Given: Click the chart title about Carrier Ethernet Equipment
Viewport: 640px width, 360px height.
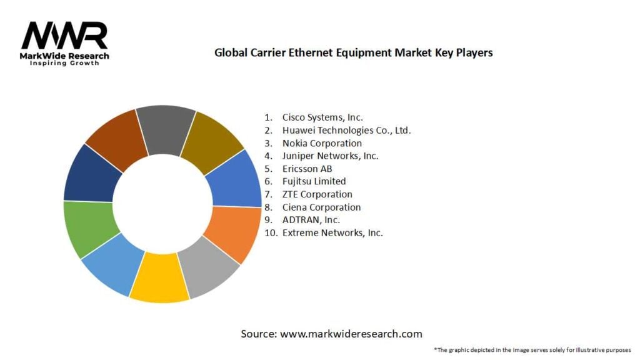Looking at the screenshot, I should pos(353,52).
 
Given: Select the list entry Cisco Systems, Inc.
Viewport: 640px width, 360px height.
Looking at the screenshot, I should pos(322,117).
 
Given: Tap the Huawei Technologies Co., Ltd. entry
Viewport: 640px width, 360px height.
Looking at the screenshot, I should pos(346,130).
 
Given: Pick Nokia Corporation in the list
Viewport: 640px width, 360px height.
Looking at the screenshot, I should pos(322,143).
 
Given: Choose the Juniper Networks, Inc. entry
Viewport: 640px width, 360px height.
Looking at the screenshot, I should pos(330,156).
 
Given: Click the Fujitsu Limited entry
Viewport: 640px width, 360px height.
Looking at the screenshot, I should pos(314,181).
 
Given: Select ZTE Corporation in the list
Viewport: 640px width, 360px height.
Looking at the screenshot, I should pos(317,194).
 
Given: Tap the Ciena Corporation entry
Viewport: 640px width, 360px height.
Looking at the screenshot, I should pos(321,207).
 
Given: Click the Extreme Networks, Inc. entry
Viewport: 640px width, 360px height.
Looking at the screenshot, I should pos(332,232).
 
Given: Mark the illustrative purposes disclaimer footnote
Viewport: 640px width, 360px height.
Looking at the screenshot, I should pos(532,350).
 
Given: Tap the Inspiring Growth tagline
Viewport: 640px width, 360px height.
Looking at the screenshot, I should pos(64,64).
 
